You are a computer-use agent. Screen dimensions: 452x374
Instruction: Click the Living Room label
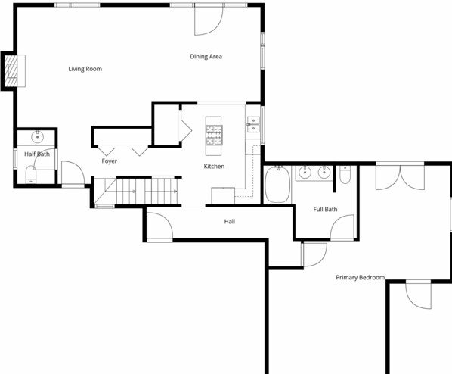coord(85,69)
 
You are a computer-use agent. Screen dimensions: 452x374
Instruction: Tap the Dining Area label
coord(206,56)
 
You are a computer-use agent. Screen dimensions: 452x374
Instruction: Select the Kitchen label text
coord(214,166)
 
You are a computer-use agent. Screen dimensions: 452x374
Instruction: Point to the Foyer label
coord(110,161)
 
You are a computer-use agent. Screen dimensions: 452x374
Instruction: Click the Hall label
coord(230,221)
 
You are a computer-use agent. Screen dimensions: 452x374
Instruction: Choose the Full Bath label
coord(325,209)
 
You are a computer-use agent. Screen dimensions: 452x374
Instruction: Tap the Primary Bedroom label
coord(360,278)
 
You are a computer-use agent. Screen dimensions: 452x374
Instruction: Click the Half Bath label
coord(37,154)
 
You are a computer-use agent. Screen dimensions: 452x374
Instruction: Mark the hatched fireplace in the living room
coord(11,70)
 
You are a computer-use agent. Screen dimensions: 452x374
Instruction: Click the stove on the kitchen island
coord(214,136)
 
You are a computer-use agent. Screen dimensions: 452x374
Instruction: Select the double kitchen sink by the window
coord(253,124)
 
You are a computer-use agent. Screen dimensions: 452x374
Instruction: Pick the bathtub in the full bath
coord(277,184)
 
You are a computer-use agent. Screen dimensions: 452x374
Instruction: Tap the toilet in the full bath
coord(345,175)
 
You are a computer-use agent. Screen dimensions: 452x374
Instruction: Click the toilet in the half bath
coord(30,175)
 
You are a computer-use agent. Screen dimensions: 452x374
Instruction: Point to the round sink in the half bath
coord(37,137)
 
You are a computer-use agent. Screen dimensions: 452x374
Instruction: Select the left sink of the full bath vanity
coord(305,173)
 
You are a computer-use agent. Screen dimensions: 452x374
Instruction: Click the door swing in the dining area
coord(209,20)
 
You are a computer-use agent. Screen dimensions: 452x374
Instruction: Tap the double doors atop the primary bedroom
coord(400,177)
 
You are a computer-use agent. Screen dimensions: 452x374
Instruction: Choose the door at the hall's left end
coord(160,226)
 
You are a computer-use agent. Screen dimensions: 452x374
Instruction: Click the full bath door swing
coord(342,227)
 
